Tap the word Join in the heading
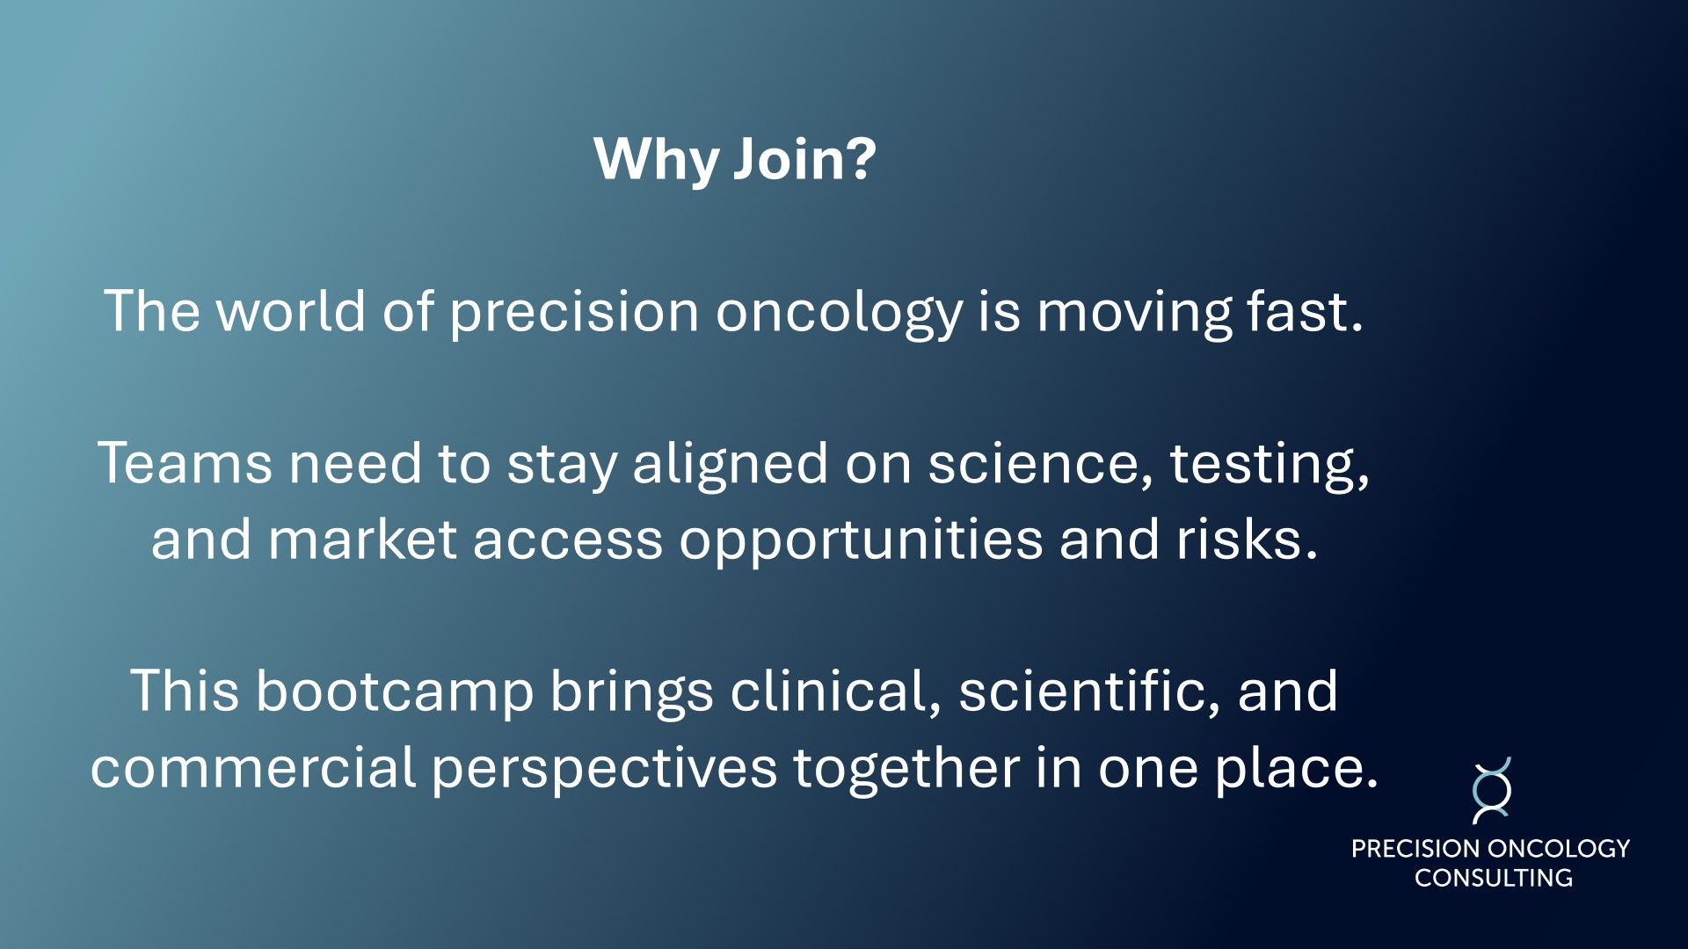click(x=780, y=159)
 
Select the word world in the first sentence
click(x=291, y=311)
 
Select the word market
click(x=363, y=539)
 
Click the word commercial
click(x=253, y=767)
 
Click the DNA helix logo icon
click(x=1492, y=791)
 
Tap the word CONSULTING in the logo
click(x=1493, y=878)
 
